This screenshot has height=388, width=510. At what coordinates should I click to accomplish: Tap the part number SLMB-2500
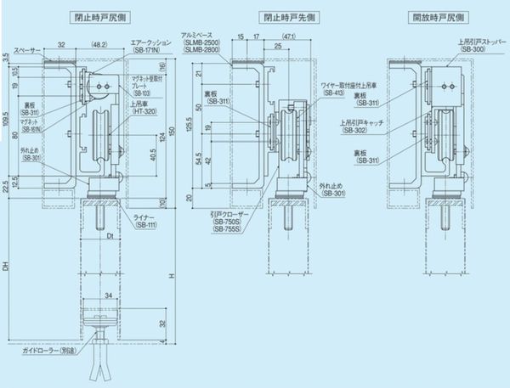[201, 42]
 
